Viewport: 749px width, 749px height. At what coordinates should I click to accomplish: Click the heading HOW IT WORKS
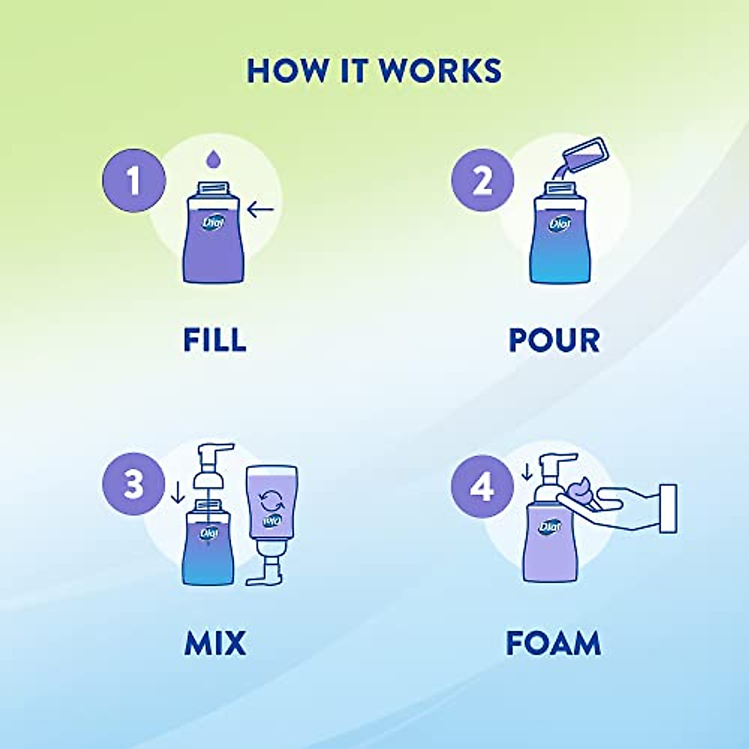[374, 71]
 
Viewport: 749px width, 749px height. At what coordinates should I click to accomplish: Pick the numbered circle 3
[134, 484]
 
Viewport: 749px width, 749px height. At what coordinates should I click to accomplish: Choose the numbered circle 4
[482, 485]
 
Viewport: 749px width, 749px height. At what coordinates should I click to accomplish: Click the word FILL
[215, 340]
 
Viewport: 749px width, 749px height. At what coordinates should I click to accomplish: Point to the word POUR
[554, 340]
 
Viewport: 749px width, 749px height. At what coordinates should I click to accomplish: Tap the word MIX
[215, 644]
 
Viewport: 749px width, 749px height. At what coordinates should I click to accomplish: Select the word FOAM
[553, 644]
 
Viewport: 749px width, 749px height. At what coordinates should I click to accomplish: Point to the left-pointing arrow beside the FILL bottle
[260, 210]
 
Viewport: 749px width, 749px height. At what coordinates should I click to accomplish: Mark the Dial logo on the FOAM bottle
[550, 527]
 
